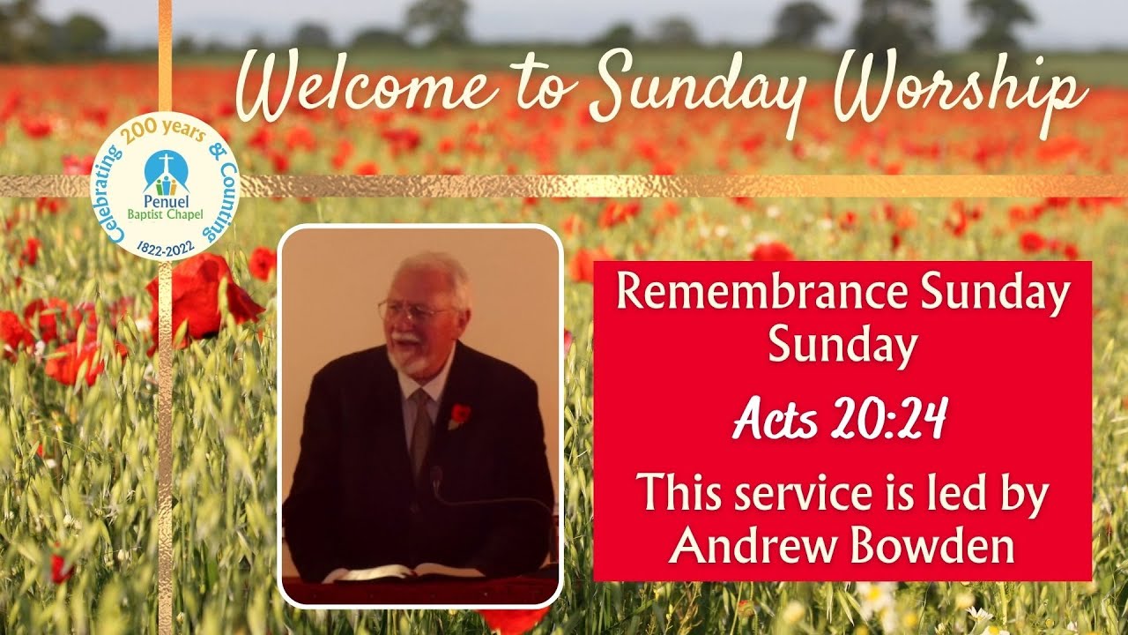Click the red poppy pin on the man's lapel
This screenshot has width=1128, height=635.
460,413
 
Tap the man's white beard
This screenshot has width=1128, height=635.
407,357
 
